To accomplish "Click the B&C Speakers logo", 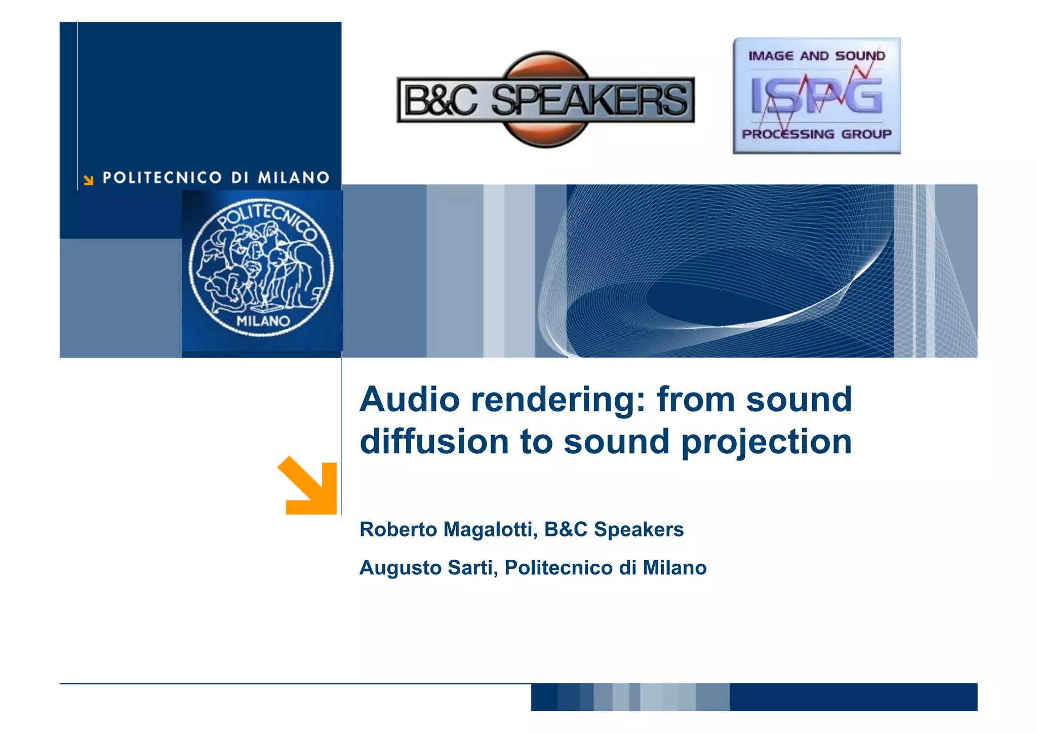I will pyautogui.click(x=545, y=99).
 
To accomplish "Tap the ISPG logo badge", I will pyautogui.click(x=816, y=96).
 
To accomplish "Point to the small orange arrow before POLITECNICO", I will pyautogui.click(x=89, y=180).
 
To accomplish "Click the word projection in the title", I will pyautogui.click(x=767, y=442).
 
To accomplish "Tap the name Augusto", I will pyautogui.click(x=400, y=568).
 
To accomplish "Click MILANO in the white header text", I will pyautogui.click(x=294, y=178).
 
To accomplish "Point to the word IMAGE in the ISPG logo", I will pyautogui.click(x=771, y=56).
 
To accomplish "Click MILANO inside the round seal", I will pyautogui.click(x=263, y=321).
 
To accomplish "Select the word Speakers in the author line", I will pyautogui.click(x=639, y=529).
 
